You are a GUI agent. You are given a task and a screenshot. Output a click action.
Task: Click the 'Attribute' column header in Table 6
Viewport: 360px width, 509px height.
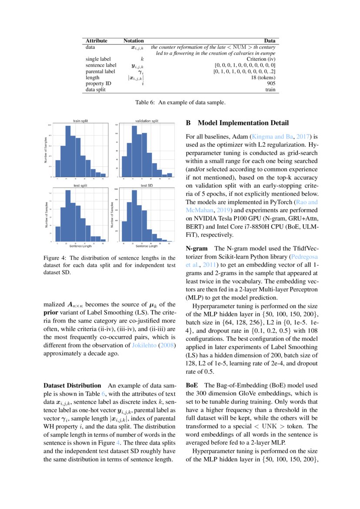click(x=96, y=40)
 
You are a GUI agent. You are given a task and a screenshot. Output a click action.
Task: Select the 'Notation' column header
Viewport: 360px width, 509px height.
click(x=134, y=40)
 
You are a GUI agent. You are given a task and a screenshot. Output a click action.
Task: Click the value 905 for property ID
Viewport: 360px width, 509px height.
click(x=271, y=83)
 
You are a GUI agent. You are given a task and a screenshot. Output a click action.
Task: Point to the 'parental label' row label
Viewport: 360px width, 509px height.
click(x=100, y=71)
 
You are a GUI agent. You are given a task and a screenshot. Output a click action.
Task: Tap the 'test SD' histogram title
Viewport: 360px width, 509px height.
click(x=147, y=185)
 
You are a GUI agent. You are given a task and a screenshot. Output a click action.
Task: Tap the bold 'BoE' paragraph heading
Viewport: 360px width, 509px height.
click(x=192, y=385)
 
